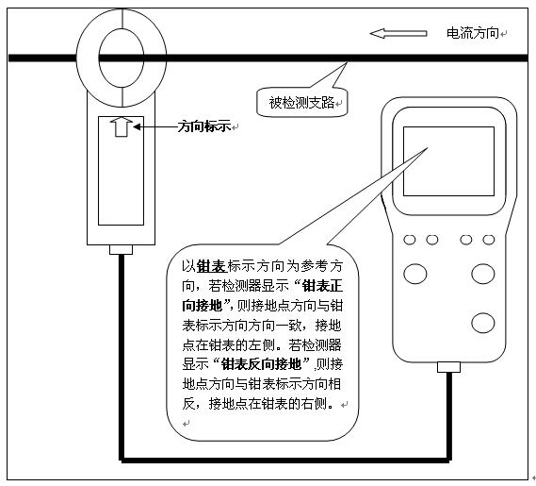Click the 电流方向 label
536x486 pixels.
(473, 33)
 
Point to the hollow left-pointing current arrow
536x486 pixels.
(398, 33)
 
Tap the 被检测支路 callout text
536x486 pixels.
(301, 103)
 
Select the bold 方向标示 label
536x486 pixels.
(204, 126)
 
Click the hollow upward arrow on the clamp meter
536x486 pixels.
(122, 126)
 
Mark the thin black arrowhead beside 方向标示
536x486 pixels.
(138, 127)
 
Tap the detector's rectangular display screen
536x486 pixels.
(448, 161)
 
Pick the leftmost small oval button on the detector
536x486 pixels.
(410, 240)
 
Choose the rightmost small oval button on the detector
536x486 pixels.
(489, 240)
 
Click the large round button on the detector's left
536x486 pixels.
(415, 274)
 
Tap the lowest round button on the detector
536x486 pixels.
(482, 323)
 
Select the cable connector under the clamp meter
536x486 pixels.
(121, 250)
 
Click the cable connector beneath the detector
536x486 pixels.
(448, 367)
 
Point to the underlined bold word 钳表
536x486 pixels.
(211, 266)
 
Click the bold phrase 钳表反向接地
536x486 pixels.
(261, 364)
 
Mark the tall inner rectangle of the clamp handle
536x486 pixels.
(121, 171)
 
